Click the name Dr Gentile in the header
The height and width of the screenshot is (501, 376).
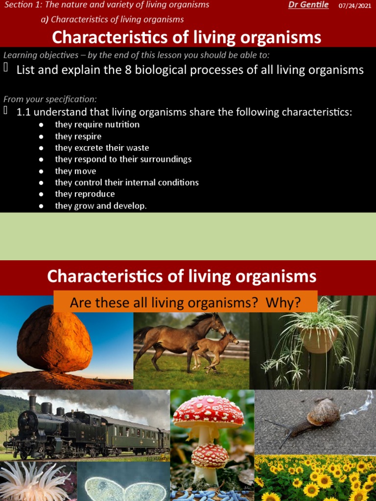click(x=308, y=5)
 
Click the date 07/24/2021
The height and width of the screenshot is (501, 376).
click(x=354, y=5)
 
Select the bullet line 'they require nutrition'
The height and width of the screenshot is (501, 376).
click(x=97, y=125)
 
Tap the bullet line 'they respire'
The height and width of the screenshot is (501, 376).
click(x=78, y=137)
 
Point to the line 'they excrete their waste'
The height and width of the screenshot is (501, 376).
click(x=102, y=148)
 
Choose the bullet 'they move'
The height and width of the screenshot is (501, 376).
click(x=75, y=171)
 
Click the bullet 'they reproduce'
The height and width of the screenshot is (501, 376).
click(x=85, y=194)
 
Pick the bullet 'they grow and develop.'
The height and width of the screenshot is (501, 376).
click(x=100, y=206)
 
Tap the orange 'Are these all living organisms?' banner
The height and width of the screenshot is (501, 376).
click(x=185, y=303)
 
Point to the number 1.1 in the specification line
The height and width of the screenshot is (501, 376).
click(x=23, y=113)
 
